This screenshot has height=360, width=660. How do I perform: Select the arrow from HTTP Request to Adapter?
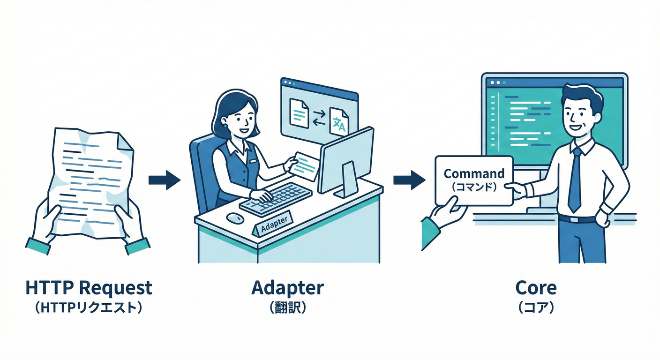(x=164, y=180)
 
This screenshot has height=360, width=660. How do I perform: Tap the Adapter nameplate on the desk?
(x=272, y=225)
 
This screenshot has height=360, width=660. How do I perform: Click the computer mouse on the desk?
(x=234, y=218)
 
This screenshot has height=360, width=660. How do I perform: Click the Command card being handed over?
(x=473, y=180)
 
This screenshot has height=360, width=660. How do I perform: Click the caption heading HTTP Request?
(x=89, y=287)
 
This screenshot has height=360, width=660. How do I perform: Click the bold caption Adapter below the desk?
(x=287, y=287)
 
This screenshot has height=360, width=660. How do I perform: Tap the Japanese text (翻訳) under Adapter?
(x=287, y=307)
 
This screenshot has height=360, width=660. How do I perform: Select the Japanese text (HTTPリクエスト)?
(x=89, y=307)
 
